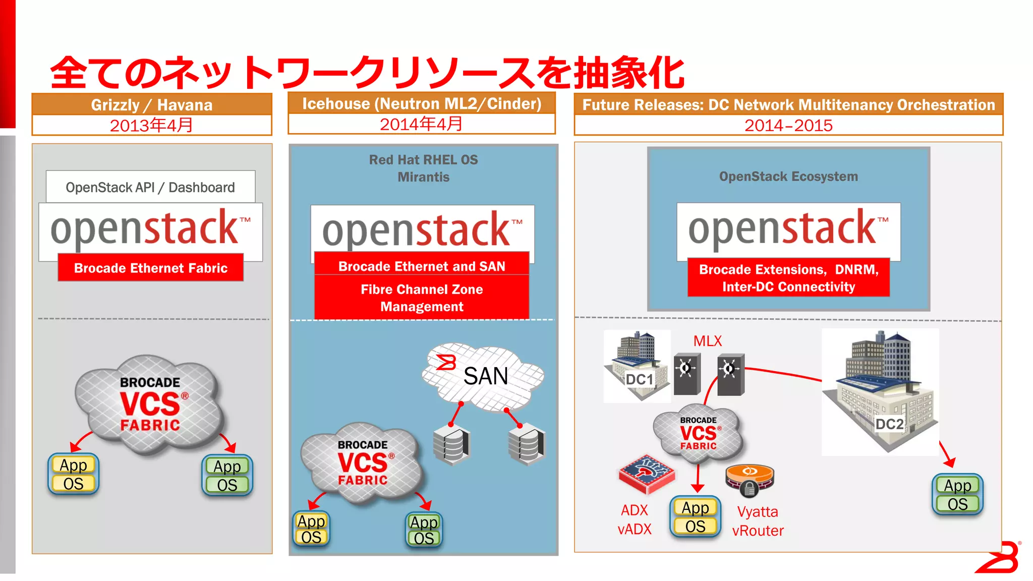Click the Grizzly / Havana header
tap(151, 105)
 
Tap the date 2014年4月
tap(421, 124)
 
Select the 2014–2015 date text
tap(788, 126)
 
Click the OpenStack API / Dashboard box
tap(150, 187)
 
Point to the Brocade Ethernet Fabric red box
tap(150, 268)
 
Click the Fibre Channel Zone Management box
tap(422, 298)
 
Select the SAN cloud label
tap(485, 376)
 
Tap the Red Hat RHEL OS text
tap(423, 160)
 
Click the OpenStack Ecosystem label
tap(788, 177)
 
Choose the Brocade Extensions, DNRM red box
tap(788, 278)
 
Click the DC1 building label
tap(639, 379)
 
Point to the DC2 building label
tap(889, 424)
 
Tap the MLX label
tap(707, 341)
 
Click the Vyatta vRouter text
tap(758, 521)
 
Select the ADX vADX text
tap(635, 519)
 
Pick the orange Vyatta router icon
tap(750, 480)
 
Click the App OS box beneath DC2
tap(957, 495)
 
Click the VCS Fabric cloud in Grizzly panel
tap(150, 404)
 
